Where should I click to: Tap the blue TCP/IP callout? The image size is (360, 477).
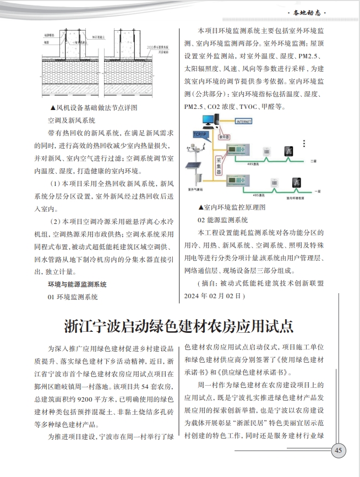(x=200, y=134)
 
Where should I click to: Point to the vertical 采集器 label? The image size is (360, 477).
(x=218, y=165)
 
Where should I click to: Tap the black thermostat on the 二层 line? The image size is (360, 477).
(x=286, y=152)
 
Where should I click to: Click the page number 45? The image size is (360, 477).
(x=338, y=451)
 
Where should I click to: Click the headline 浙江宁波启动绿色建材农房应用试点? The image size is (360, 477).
(x=179, y=325)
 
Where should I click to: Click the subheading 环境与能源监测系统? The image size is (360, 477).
(x=77, y=284)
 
